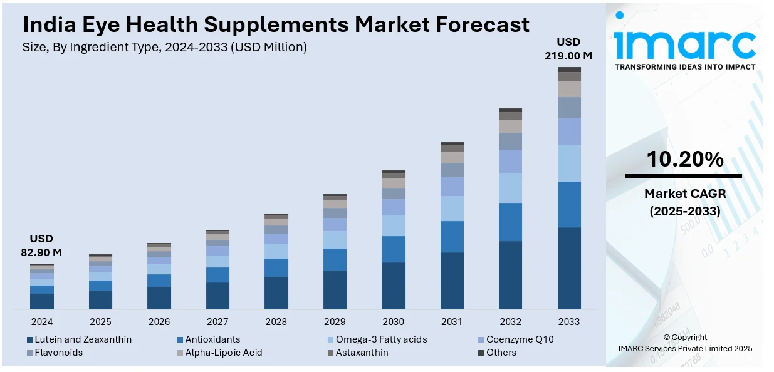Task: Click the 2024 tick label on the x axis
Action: pyautogui.click(x=41, y=322)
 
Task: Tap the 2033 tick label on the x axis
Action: pyautogui.click(x=569, y=322)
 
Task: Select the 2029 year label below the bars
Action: pyautogui.click(x=335, y=322)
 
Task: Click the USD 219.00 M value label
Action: pyautogui.click(x=569, y=49)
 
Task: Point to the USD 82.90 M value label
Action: pyautogui.click(x=41, y=245)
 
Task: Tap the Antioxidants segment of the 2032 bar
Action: pyautogui.click(x=511, y=222)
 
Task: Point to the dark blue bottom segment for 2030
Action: pyautogui.click(x=394, y=286)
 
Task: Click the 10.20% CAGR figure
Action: pyautogui.click(x=684, y=160)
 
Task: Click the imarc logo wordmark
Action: pyautogui.click(x=684, y=44)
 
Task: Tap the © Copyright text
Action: pyautogui.click(x=684, y=338)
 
